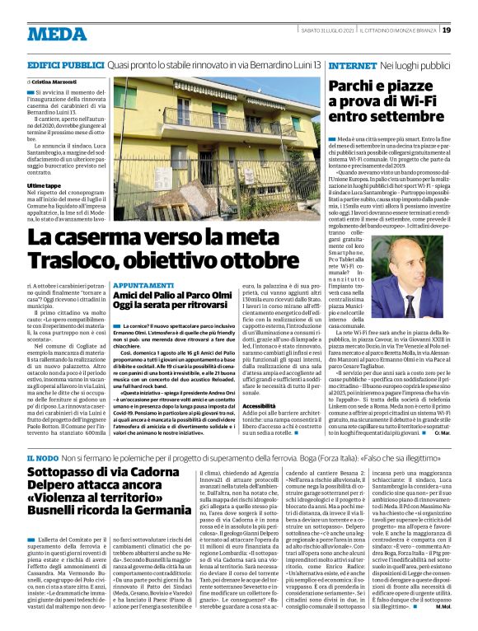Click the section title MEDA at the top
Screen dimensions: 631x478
56,34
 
